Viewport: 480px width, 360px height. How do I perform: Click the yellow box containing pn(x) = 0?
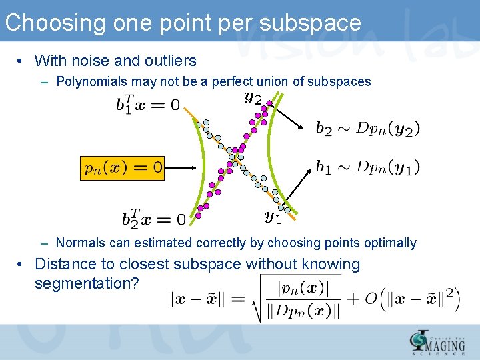[x=122, y=167]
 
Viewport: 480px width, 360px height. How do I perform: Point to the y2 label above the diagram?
[x=253, y=98]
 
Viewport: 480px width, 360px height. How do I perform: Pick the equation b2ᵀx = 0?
[x=154, y=218]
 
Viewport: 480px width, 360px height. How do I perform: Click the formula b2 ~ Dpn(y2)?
[x=367, y=128]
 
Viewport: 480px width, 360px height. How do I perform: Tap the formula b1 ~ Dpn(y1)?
[x=367, y=167]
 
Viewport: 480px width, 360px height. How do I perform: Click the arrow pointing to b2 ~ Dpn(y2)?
[x=289, y=116]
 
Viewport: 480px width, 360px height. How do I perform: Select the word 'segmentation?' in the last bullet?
[x=87, y=283]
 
